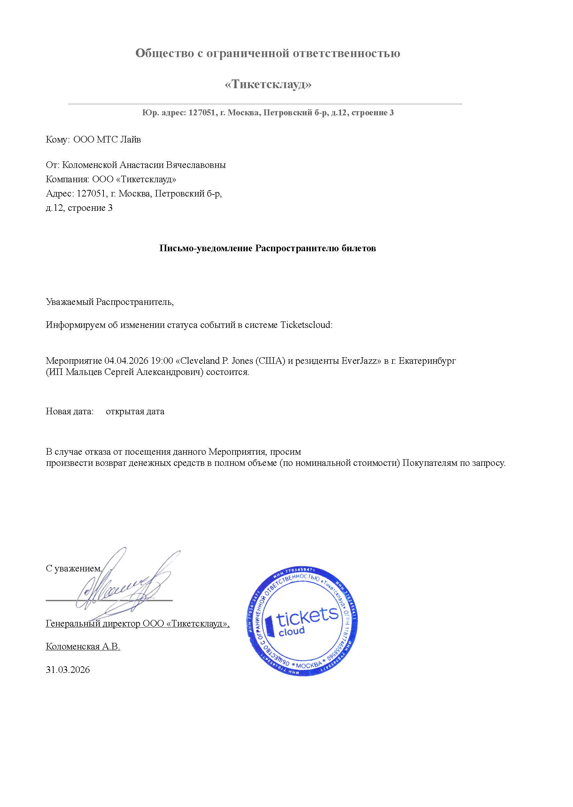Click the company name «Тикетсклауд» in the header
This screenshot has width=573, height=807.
(x=268, y=84)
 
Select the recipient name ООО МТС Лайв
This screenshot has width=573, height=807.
(x=107, y=140)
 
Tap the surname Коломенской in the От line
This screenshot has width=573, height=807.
(x=90, y=165)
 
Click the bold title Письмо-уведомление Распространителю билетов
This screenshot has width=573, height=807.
(x=268, y=248)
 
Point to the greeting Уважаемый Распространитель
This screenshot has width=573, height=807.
(x=109, y=302)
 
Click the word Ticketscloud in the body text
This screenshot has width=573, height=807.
(x=306, y=325)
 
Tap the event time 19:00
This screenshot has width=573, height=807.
(x=162, y=361)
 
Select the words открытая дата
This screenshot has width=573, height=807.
(x=135, y=412)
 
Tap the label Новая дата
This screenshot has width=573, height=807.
(x=70, y=412)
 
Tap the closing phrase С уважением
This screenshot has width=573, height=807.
(x=73, y=568)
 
